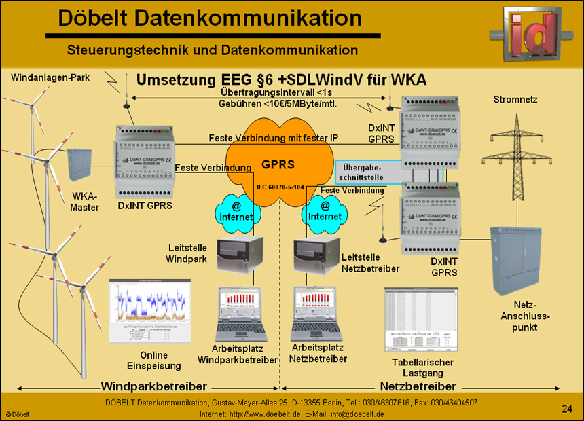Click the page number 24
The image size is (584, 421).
pyautogui.click(x=567, y=408)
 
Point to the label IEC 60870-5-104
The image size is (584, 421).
pyautogui.click(x=280, y=186)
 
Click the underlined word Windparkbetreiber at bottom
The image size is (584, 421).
pyautogui.click(x=153, y=386)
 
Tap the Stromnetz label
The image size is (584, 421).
pyautogui.click(x=515, y=100)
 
